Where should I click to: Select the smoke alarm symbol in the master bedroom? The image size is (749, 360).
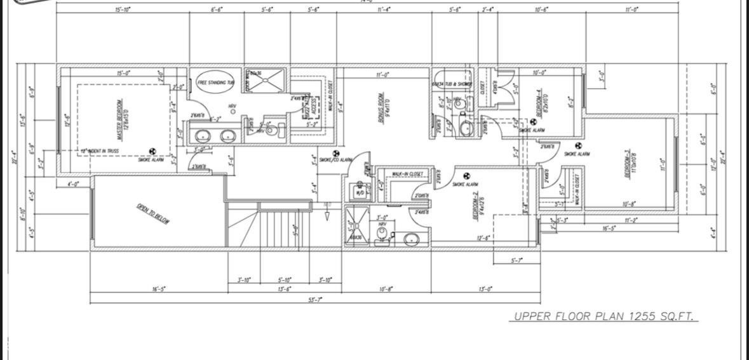point(152,152)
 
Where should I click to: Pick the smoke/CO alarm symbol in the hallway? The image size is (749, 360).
point(337,153)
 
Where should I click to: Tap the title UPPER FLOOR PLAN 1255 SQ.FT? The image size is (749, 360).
point(604,316)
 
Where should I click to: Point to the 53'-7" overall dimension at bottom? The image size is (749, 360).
point(315,299)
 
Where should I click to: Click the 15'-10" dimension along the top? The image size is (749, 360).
point(123,10)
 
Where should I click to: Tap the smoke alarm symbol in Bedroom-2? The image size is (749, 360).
point(467,176)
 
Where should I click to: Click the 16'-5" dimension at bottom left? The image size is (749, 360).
point(158,289)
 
